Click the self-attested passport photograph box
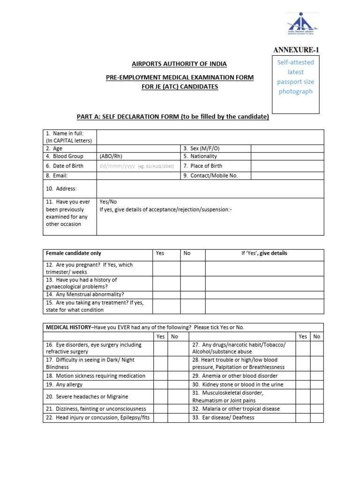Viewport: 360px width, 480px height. coord(296,84)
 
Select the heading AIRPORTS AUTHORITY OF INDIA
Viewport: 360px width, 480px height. coord(180,64)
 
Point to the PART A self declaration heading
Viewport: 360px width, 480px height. coord(173,117)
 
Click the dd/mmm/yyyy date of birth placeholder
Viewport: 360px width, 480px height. coord(117,166)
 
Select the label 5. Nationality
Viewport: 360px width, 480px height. coord(200,156)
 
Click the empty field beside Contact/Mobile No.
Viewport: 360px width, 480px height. coord(287,175)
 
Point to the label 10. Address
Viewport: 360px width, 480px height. coord(61,188)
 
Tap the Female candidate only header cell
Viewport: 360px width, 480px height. coord(73,253)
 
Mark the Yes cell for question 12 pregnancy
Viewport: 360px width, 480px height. coord(167,268)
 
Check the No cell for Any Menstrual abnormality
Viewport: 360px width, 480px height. coord(193,294)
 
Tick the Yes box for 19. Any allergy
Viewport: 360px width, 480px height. coord(160,384)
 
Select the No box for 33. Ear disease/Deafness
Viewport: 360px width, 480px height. coord(316,417)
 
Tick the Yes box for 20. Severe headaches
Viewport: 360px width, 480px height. coord(160,397)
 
